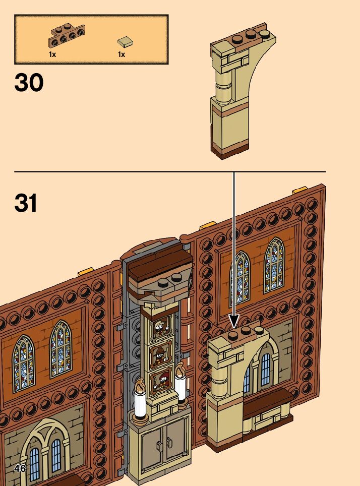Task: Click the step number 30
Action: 29,83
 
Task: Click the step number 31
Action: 26,203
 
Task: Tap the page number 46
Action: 20,468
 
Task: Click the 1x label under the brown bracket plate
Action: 52,54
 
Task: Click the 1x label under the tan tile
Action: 122,54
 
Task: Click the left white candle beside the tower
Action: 140,405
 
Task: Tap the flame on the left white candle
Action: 140,387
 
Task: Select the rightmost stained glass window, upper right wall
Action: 274,264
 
